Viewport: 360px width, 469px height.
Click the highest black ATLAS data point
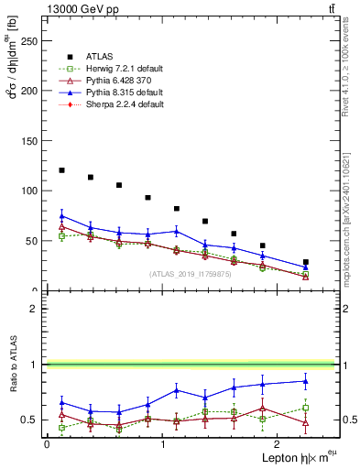[61, 170]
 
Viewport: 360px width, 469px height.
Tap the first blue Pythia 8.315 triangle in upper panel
[61, 216]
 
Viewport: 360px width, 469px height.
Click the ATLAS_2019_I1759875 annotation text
[191, 273]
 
